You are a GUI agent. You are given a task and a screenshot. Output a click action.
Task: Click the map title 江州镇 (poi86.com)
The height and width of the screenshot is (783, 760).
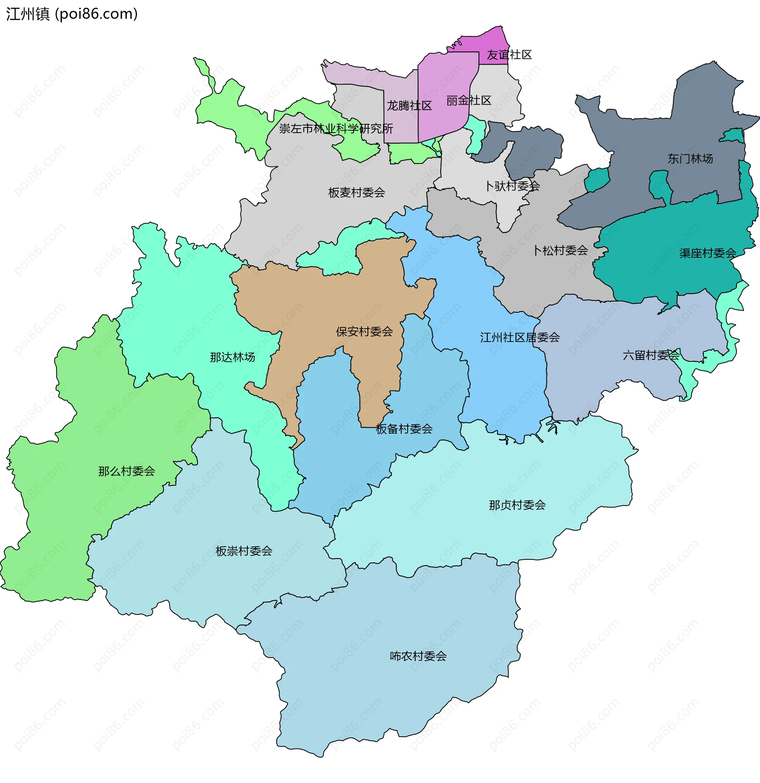pos(72,14)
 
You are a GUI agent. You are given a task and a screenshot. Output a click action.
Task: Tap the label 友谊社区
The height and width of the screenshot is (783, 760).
pos(509,55)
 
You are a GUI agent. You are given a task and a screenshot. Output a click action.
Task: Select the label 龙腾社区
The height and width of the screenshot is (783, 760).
pos(409,106)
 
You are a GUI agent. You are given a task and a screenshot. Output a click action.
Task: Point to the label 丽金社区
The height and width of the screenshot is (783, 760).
pos(468,101)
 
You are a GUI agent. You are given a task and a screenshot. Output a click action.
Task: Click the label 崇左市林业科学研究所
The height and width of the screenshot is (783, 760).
pos(336,129)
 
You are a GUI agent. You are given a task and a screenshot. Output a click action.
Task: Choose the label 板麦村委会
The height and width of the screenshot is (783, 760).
pos(356,193)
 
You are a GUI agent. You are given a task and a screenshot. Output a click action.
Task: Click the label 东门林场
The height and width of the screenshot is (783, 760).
pos(690,159)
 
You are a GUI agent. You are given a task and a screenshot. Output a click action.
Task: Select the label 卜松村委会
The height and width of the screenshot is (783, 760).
pos(560,251)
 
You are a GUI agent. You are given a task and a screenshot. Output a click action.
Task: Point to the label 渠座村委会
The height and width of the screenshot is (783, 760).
pos(707,253)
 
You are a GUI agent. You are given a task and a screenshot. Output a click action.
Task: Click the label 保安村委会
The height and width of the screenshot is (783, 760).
pos(364,332)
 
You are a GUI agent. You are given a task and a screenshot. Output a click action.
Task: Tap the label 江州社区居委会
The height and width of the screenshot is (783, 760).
pos(520,338)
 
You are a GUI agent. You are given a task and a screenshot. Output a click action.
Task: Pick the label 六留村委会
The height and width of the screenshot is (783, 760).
pos(651,355)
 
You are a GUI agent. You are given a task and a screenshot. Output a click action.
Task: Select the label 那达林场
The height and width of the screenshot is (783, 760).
pos(232,357)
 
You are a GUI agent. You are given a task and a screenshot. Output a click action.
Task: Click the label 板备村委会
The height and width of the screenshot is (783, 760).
pos(404,429)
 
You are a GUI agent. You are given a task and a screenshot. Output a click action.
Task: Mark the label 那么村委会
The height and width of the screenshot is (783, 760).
pos(127,471)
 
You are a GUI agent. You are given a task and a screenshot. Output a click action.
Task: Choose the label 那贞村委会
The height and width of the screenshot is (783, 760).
pos(517,506)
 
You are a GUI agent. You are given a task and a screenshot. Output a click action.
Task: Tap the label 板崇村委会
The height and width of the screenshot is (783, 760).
pos(243,551)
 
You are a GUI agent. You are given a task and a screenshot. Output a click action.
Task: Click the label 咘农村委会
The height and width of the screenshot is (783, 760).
pos(418,656)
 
